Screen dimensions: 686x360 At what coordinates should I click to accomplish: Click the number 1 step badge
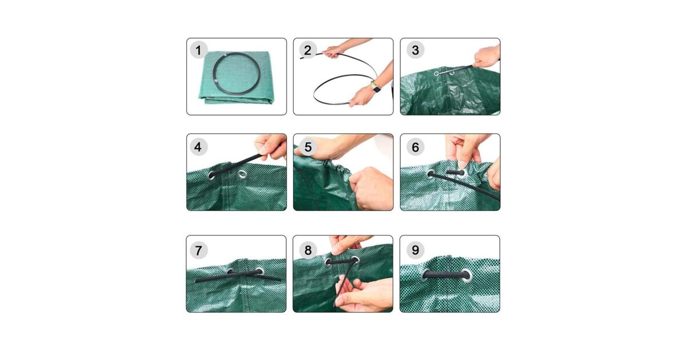pyautogui.click(x=198, y=50)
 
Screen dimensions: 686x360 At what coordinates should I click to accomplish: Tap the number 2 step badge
pyautogui.click(x=308, y=50)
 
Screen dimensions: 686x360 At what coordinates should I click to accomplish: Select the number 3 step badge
pyautogui.click(x=415, y=50)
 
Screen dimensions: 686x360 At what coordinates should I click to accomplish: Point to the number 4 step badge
pyautogui.click(x=198, y=147)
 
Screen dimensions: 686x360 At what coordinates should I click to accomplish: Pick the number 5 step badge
pyautogui.click(x=308, y=147)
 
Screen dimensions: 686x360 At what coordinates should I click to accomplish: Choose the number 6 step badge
pyautogui.click(x=415, y=147)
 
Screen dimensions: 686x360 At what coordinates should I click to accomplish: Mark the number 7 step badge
pyautogui.click(x=198, y=250)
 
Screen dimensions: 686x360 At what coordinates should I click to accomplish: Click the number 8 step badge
pyautogui.click(x=308, y=250)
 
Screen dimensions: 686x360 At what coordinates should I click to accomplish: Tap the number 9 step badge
pyautogui.click(x=415, y=250)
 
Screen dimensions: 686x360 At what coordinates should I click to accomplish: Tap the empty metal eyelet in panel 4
pyautogui.click(x=242, y=174)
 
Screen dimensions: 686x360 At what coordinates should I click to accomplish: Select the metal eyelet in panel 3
pyautogui.click(x=436, y=74)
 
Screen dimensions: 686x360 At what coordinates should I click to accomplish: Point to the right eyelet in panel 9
pyautogui.click(x=466, y=275)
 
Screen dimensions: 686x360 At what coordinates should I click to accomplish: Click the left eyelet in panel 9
pyautogui.click(x=426, y=275)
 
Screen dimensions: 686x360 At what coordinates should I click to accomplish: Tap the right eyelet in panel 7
pyautogui.click(x=260, y=271)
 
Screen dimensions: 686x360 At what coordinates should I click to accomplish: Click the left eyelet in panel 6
pyautogui.click(x=431, y=174)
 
